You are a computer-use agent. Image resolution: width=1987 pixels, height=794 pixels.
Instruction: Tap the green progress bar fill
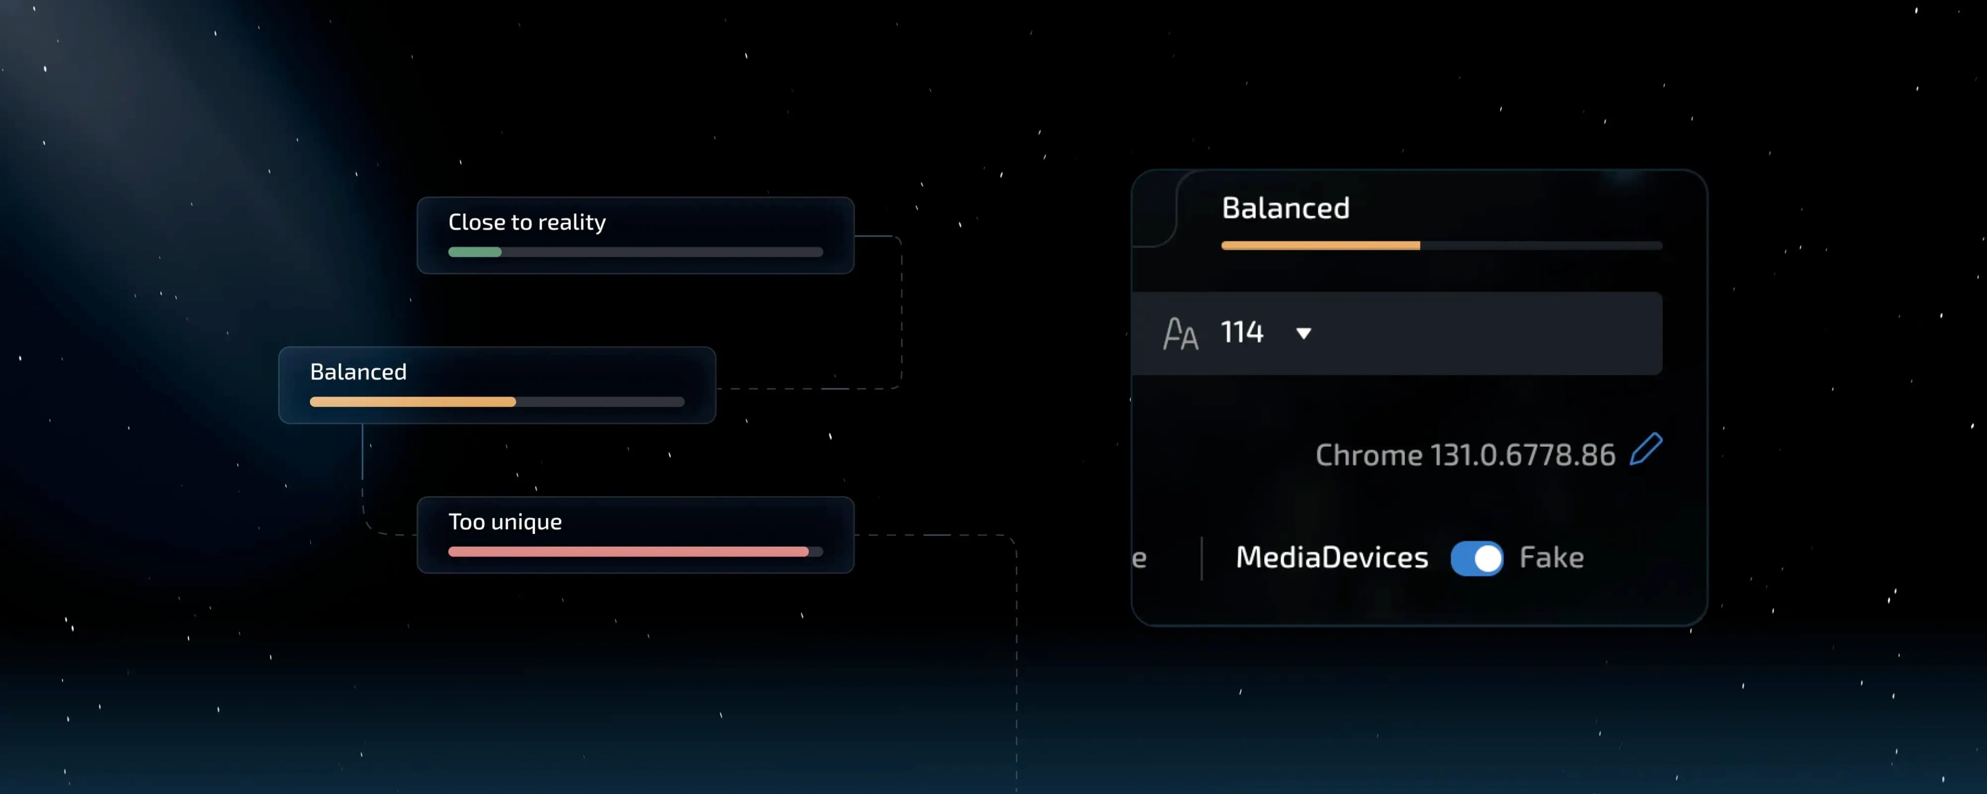(x=474, y=252)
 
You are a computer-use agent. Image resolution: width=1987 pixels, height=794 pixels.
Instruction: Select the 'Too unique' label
(x=505, y=522)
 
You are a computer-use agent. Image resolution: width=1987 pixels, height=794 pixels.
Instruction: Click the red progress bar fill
(x=628, y=552)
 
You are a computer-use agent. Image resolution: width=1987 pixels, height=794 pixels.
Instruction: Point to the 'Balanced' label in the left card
(x=358, y=372)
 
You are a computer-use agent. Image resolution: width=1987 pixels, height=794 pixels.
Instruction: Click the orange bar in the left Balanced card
(x=413, y=402)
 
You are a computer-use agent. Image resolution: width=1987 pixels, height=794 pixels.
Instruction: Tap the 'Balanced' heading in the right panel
(x=1286, y=208)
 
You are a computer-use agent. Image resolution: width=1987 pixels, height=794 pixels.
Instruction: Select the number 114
(x=1242, y=332)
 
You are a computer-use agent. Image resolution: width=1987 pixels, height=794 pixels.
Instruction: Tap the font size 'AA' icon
(x=1180, y=334)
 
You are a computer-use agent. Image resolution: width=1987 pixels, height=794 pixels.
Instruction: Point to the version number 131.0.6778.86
(x=1523, y=455)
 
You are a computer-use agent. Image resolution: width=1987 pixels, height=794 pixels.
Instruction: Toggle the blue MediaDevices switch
(x=1476, y=559)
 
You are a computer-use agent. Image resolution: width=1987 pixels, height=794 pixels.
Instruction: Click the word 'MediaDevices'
(x=1332, y=557)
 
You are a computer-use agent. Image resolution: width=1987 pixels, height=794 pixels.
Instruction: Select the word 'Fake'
(x=1551, y=557)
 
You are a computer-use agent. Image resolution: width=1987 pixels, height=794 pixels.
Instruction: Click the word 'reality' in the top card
(x=572, y=223)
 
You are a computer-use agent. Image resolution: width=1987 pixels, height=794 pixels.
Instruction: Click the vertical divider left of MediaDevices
(x=1202, y=558)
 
